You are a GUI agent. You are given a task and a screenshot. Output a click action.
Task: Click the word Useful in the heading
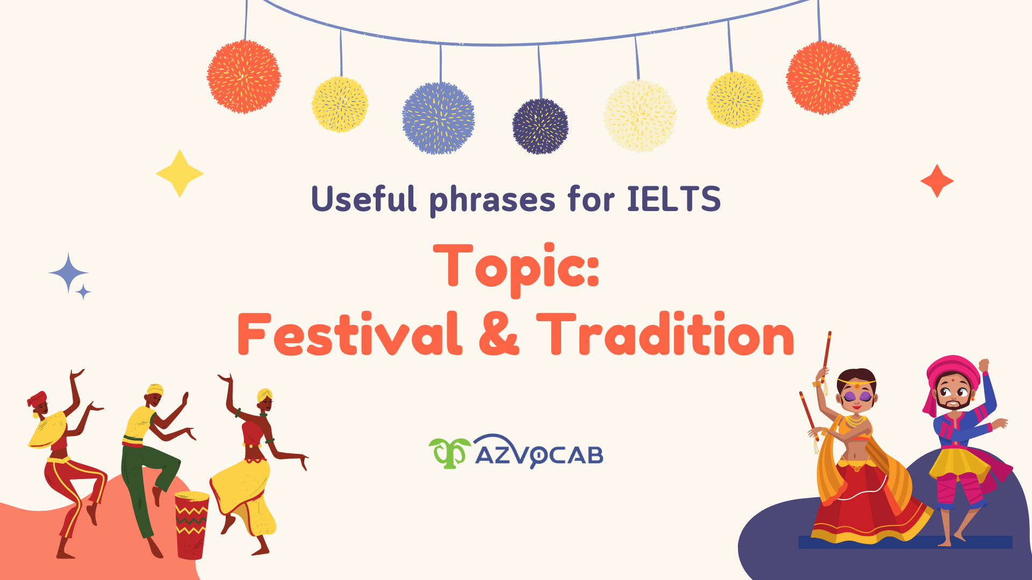364,199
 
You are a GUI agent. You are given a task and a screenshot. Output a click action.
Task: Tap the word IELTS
673,199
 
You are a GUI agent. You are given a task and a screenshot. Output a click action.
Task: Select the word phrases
492,200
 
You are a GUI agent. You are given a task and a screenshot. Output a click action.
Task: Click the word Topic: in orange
516,267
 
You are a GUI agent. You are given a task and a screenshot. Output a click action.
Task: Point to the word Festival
349,334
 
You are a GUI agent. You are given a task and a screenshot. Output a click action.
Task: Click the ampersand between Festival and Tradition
499,334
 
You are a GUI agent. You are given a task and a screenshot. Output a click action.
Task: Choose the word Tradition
665,334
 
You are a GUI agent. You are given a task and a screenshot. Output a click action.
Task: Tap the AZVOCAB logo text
539,455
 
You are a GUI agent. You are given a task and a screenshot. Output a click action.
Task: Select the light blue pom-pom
438,118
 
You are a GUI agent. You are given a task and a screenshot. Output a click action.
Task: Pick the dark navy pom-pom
540,126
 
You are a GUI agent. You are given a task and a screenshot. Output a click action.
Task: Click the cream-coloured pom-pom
640,116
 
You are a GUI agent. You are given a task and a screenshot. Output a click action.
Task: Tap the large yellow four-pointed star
180,173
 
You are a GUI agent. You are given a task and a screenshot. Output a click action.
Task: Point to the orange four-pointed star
937,181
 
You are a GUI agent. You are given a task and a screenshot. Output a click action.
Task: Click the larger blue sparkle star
68,273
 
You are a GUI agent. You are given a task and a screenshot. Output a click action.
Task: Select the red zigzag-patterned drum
191,524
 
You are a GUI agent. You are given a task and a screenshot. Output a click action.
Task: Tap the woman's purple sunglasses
856,396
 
